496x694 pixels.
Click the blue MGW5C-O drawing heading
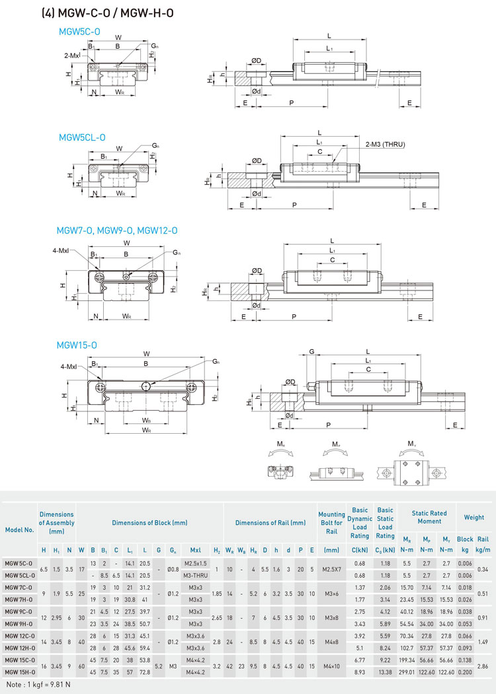[79, 31]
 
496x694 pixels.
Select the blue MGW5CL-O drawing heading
[82, 137]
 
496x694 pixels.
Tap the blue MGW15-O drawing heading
[77, 345]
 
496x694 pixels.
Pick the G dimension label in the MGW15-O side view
[311, 352]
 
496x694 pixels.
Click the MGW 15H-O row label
[19, 672]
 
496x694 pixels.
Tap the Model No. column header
[19, 530]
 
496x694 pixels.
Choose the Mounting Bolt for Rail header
[331, 522]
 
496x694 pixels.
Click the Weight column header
[474, 518]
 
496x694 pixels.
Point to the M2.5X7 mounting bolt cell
[331, 569]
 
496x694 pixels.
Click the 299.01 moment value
[407, 672]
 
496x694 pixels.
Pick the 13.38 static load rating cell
[385, 672]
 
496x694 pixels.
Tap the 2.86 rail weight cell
[483, 666]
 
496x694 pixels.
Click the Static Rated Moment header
[429, 518]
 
